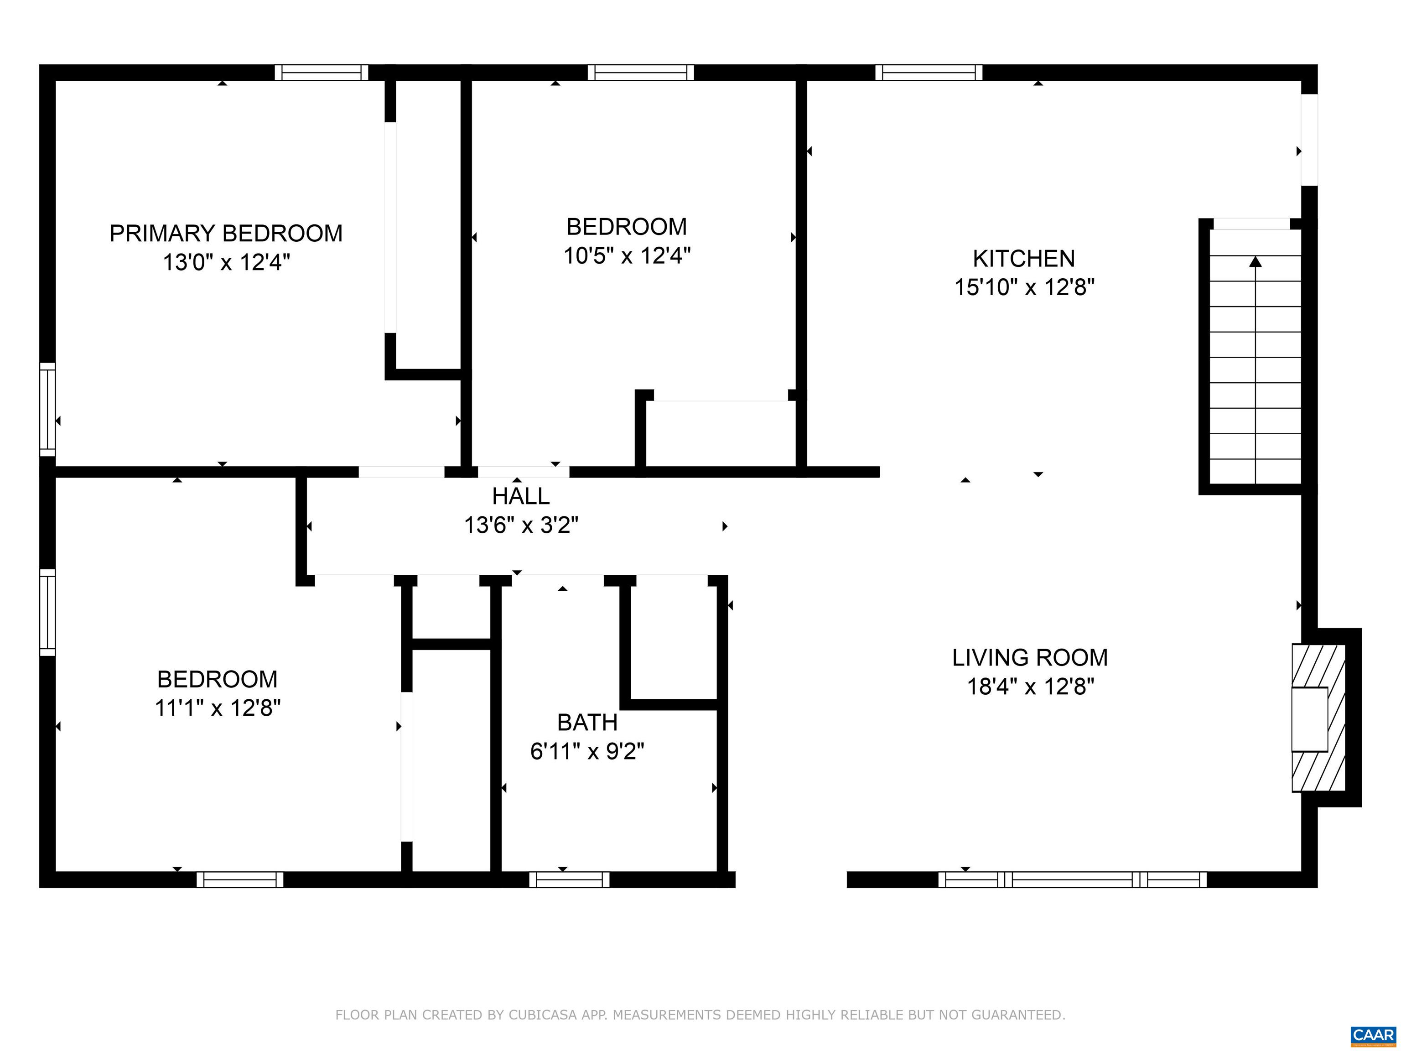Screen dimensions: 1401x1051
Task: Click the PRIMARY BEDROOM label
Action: tap(226, 234)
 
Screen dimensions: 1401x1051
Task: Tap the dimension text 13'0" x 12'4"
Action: tap(226, 262)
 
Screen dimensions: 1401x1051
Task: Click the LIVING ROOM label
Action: tap(1030, 658)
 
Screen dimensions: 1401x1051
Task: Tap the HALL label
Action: tap(521, 496)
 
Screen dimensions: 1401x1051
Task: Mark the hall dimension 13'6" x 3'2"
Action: tap(521, 525)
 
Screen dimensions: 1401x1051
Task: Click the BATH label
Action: tap(587, 722)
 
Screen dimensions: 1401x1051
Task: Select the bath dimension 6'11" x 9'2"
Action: tap(587, 751)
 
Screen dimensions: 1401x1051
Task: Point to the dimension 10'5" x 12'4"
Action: tap(627, 256)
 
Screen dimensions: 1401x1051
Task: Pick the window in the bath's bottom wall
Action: tap(569, 879)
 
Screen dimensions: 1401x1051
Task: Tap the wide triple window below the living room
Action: tap(1072, 879)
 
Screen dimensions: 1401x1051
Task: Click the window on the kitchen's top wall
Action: tap(929, 72)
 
